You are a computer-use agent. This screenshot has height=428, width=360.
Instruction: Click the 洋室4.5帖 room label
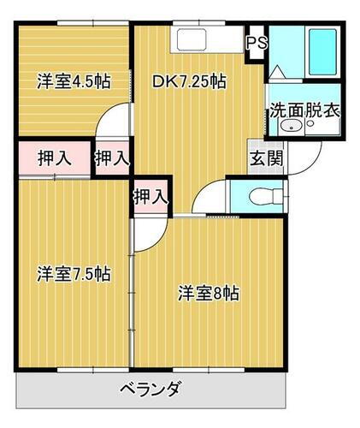pos(73,83)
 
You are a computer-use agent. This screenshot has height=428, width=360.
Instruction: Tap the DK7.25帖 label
pos(189,83)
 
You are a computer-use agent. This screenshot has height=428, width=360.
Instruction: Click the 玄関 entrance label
pos(262,158)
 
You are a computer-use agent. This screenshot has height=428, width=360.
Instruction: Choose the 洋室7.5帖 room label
pos(73,275)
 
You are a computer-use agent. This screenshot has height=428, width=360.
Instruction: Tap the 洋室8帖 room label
pos(208,293)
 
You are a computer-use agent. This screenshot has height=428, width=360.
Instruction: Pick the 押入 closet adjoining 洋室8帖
pos(150,196)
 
